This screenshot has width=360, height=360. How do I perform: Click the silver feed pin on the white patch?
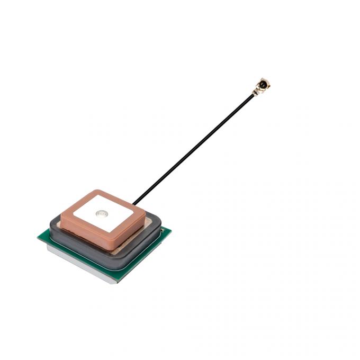(x=101, y=214)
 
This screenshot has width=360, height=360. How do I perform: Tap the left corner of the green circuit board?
(x=39, y=237)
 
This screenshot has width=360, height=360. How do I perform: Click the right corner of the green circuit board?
(x=169, y=229)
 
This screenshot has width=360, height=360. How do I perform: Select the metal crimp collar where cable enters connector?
(x=255, y=92)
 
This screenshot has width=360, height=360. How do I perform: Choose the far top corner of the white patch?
(x=97, y=194)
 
